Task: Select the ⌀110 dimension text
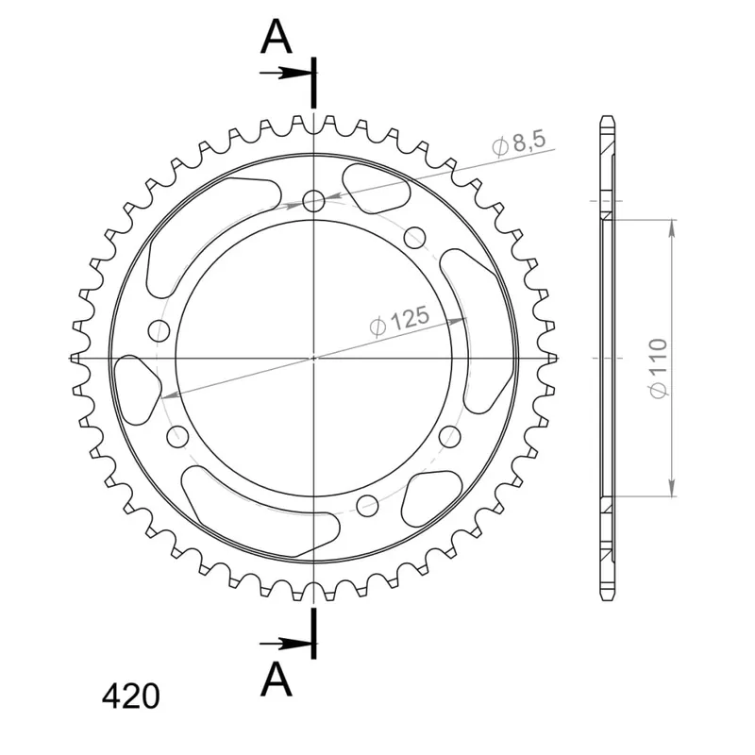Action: point(658,369)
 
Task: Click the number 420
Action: point(130,696)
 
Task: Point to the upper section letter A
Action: point(276,38)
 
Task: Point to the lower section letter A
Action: point(276,679)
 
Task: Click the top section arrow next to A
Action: point(284,74)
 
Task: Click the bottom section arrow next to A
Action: point(284,644)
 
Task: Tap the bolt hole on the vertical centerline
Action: point(314,201)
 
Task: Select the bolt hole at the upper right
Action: point(415,238)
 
